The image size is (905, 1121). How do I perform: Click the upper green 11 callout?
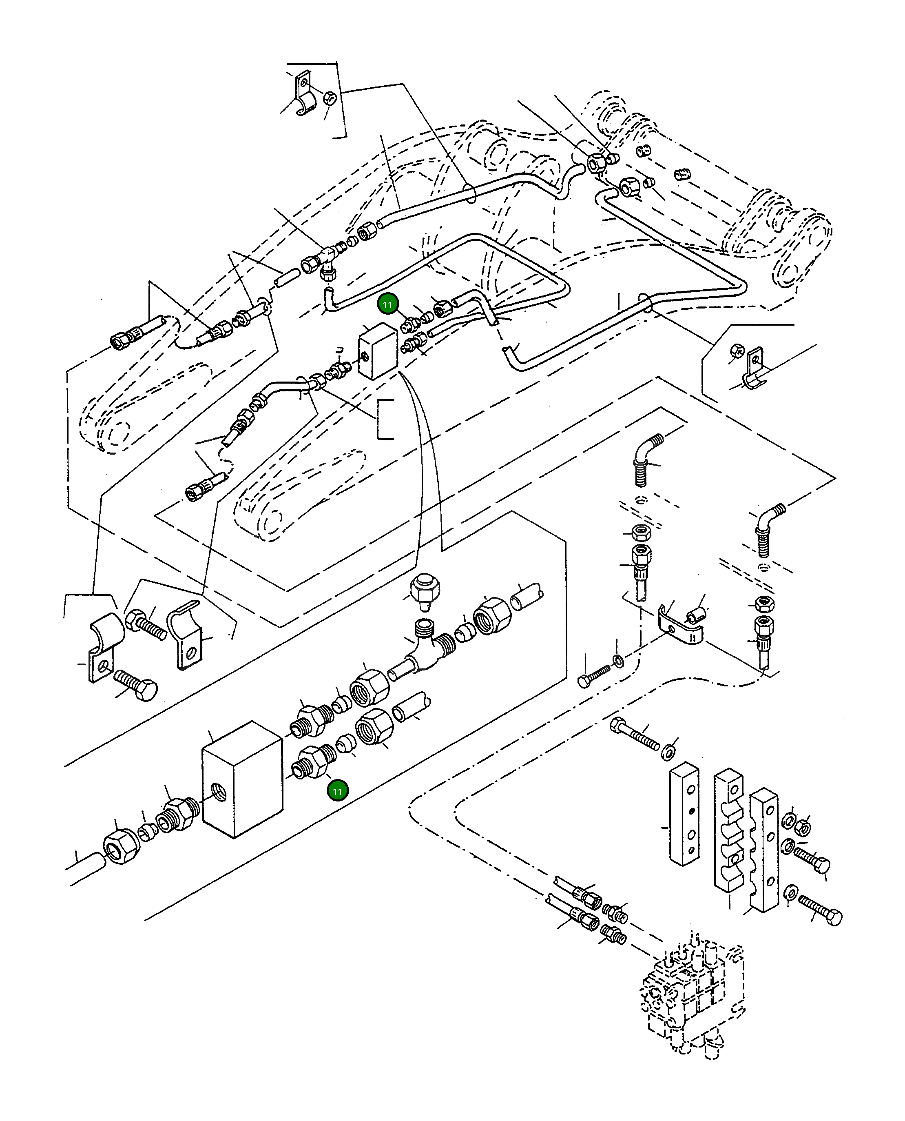coord(387,305)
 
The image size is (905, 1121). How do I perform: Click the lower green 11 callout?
coord(337,791)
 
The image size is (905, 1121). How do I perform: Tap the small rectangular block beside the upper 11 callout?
coord(377,351)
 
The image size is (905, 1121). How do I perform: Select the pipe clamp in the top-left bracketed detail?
coord(303,96)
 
